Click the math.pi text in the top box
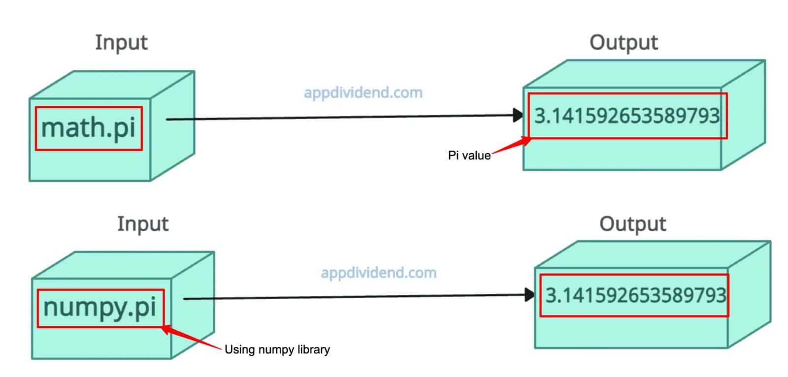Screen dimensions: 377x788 pyautogui.click(x=88, y=128)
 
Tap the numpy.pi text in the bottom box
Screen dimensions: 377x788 pyautogui.click(x=100, y=308)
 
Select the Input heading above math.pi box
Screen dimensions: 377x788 pyautogui.click(x=121, y=42)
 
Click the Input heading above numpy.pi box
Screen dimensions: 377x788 pyautogui.click(x=143, y=224)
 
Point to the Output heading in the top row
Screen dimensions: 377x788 pyautogui.click(x=624, y=43)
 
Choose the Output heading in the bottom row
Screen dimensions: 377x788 pyautogui.click(x=632, y=224)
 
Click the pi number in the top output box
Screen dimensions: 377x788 pyautogui.click(x=626, y=116)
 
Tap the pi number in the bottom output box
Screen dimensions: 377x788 pyautogui.click(x=635, y=295)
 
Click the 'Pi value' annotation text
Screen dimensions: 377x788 pyautogui.click(x=469, y=156)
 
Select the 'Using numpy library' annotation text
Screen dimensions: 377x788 pyautogui.click(x=277, y=350)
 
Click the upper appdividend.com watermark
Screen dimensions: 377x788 pyautogui.click(x=363, y=93)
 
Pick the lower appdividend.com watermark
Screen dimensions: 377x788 pyautogui.click(x=378, y=273)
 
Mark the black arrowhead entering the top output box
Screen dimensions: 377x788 pyautogui.click(x=518, y=115)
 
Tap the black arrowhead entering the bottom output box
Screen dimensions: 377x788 pyautogui.click(x=530, y=295)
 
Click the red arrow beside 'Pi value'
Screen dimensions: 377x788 pyautogui.click(x=512, y=146)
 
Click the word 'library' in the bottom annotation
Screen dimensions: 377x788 pyautogui.click(x=314, y=350)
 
